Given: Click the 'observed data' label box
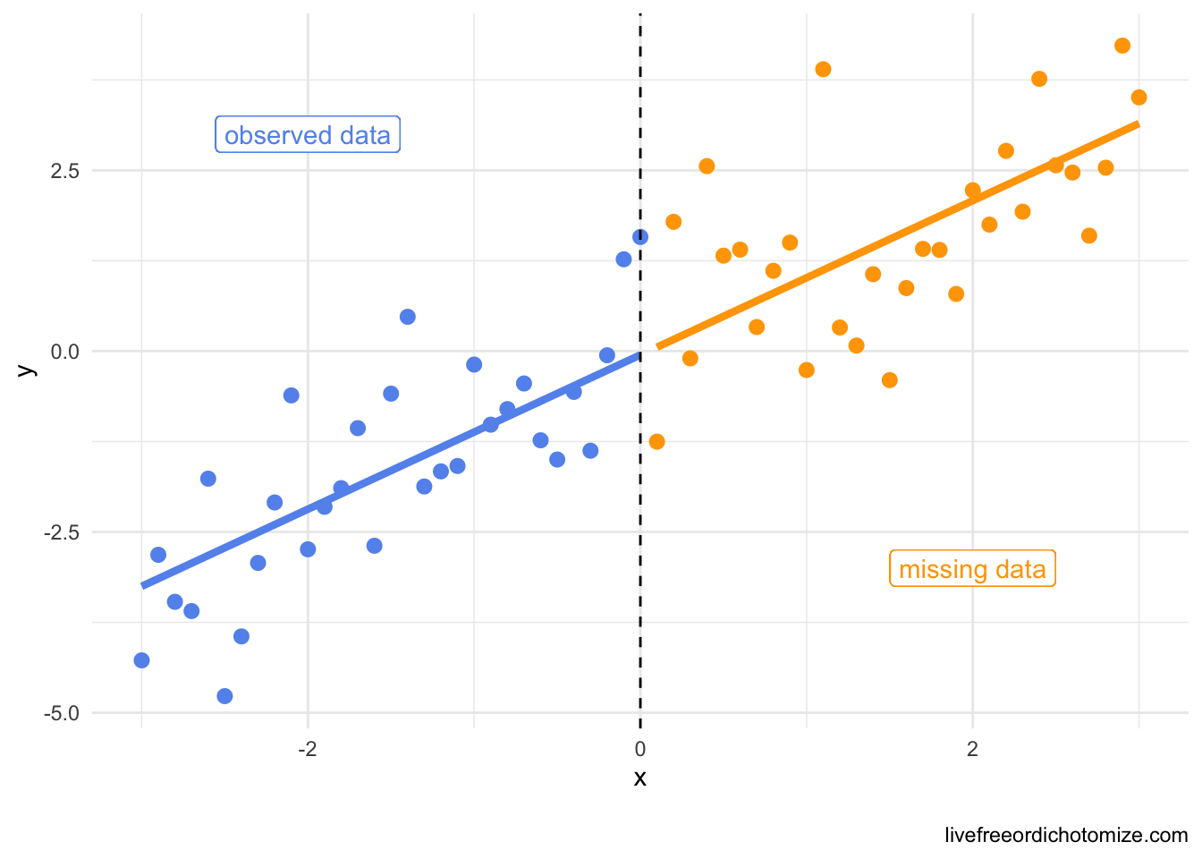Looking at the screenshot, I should click(308, 135).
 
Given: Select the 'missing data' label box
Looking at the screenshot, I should click(972, 569).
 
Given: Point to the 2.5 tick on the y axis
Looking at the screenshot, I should click(65, 171).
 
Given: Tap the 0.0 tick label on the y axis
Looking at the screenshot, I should click(65, 352).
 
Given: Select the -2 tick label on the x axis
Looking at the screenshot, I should click(308, 748).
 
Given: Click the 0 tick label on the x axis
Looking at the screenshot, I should click(640, 748).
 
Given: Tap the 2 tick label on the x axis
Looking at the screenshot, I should click(972, 748).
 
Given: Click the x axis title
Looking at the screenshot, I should click(640, 778).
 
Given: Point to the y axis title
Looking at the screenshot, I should click(26, 370).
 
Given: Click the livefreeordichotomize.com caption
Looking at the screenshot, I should click(1066, 836).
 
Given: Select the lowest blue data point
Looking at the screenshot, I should click(224, 696).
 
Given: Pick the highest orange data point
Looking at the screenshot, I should click(1122, 46).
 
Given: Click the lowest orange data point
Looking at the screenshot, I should click(656, 441).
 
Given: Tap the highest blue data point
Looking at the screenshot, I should click(640, 237).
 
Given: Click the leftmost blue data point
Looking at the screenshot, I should click(141, 660).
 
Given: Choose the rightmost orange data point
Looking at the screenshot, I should click(1139, 98).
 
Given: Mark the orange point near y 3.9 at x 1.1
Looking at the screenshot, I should click(823, 70).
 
